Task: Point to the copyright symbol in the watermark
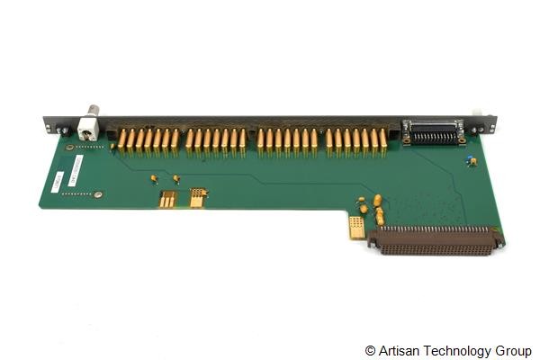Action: [371, 350]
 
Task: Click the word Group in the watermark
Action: [512, 350]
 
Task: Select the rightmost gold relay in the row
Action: [382, 138]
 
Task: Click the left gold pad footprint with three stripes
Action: [167, 199]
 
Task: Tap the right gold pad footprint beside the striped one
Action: [197, 197]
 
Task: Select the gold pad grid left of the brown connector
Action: [357, 227]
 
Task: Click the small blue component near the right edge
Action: [471, 161]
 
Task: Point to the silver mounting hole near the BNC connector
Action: [69, 146]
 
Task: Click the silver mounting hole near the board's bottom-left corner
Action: [98, 193]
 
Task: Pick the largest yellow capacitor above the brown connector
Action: [378, 200]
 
